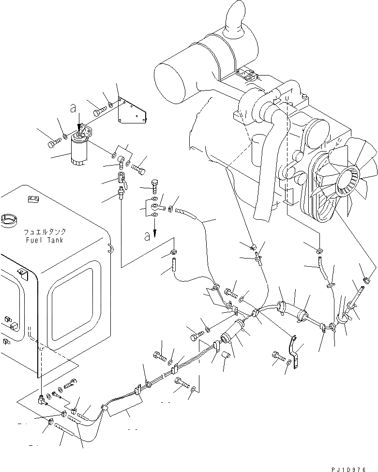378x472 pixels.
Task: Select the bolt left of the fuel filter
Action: click(x=53, y=143)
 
